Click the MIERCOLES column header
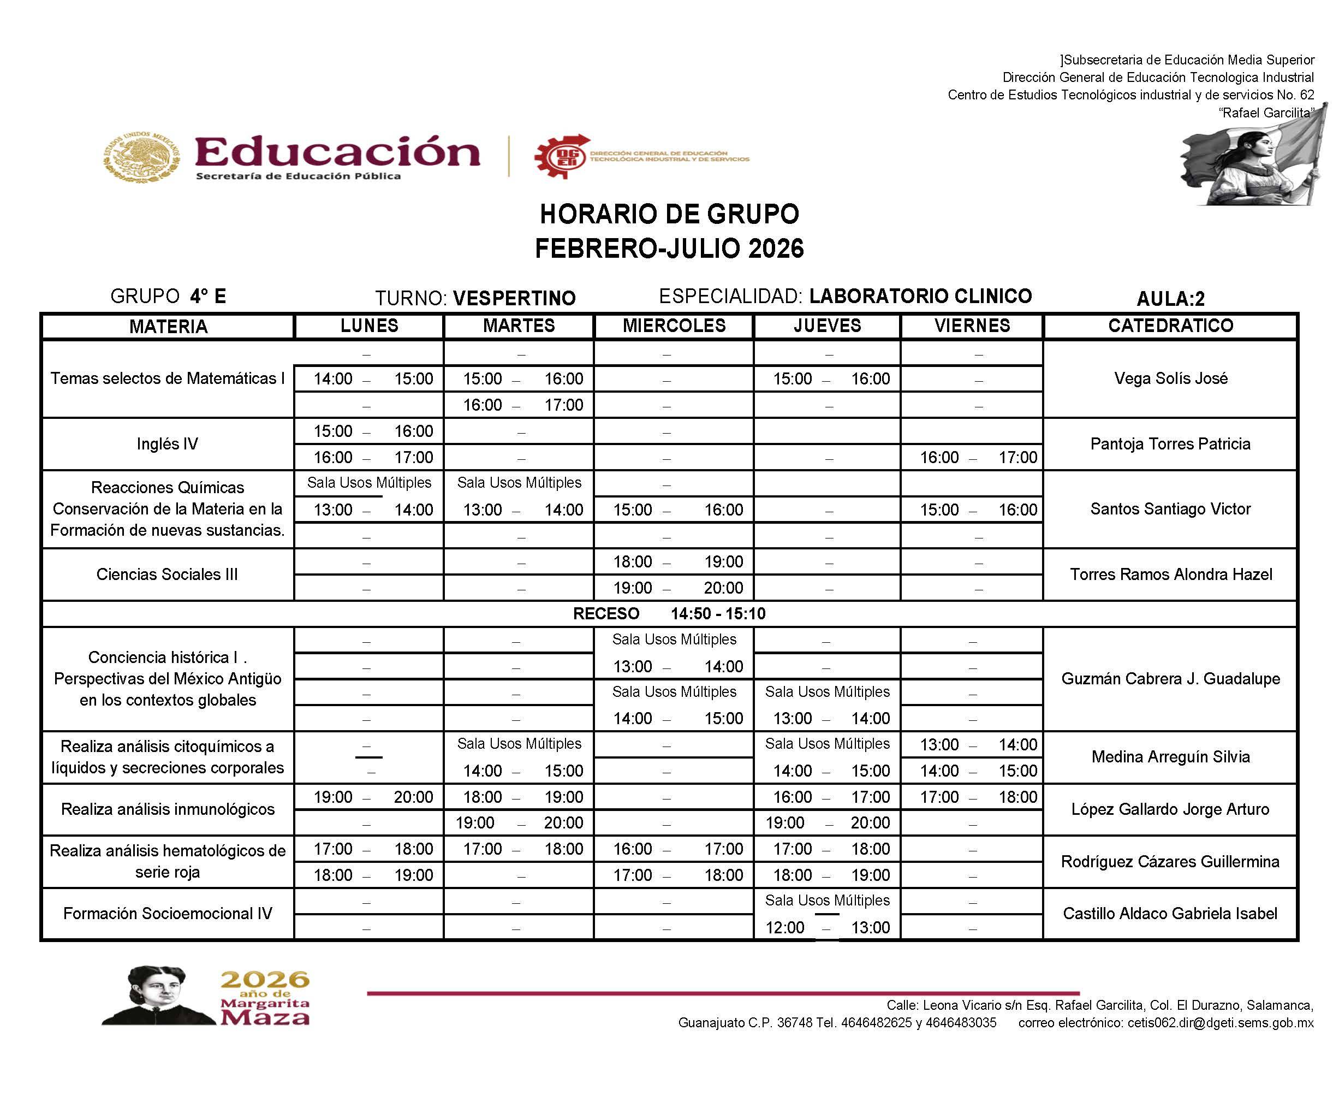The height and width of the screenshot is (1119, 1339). tap(674, 325)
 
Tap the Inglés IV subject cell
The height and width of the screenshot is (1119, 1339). tap(167, 444)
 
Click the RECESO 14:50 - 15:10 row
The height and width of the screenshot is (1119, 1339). tap(669, 614)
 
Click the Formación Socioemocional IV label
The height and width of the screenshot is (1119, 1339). tap(167, 914)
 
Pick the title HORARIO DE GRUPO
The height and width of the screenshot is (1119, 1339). tap(669, 215)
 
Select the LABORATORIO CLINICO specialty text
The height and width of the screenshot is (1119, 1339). tap(920, 296)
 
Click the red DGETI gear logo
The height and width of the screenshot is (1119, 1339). tap(561, 156)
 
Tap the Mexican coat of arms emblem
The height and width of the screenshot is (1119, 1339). tap(141, 156)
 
